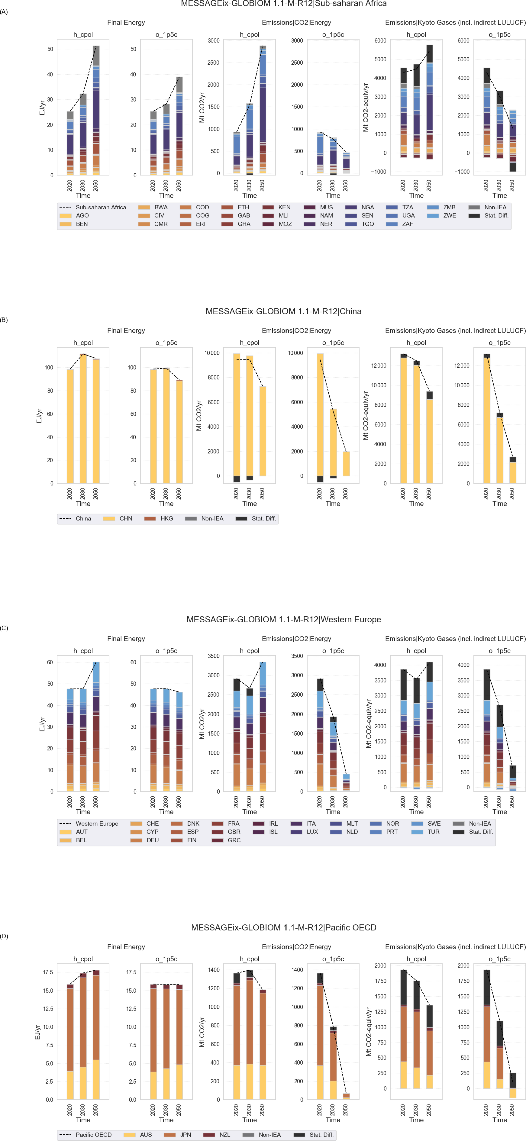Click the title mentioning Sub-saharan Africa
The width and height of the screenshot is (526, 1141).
tap(284, 4)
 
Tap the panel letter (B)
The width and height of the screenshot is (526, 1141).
tap(4, 320)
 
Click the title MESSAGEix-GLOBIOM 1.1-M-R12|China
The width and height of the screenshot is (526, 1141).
tap(284, 311)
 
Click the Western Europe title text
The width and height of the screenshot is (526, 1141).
tap(284, 620)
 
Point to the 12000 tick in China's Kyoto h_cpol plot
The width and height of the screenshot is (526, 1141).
tap(379, 366)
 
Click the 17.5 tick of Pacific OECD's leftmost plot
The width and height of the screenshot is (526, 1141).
tap(48, 972)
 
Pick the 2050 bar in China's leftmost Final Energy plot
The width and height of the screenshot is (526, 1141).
tap(96, 421)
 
